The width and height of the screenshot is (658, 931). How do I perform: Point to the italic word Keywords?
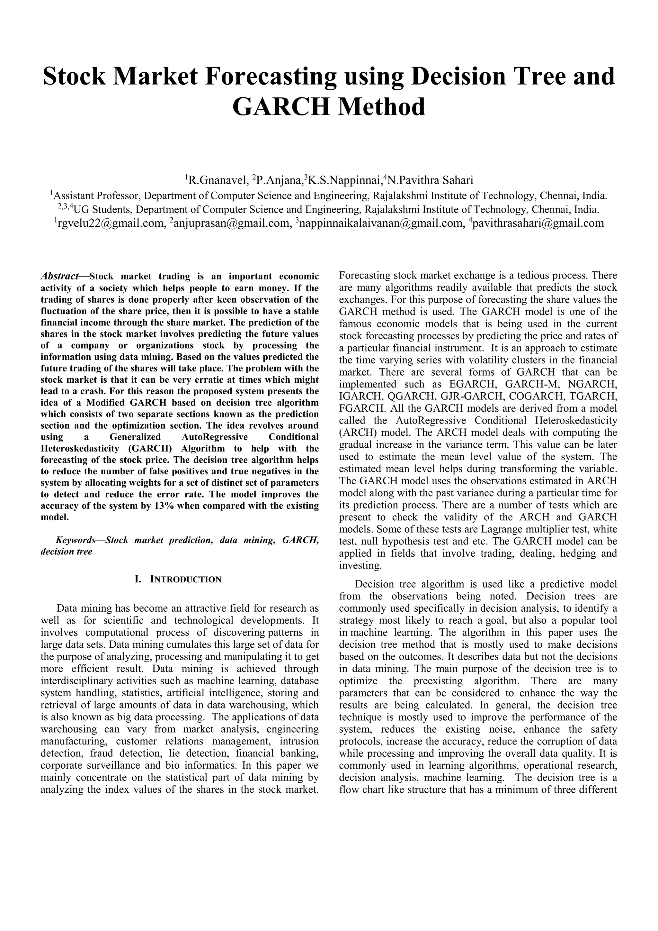pos(76,541)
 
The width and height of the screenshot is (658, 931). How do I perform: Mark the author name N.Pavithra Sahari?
pos(430,180)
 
